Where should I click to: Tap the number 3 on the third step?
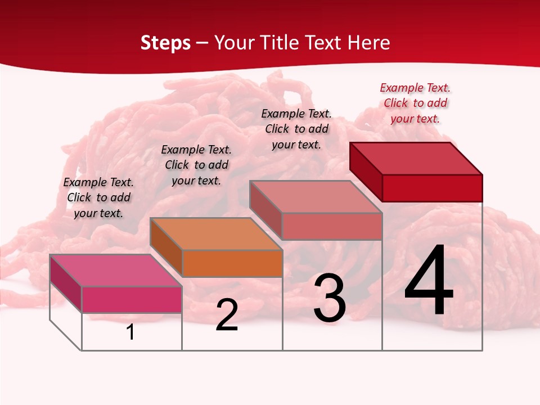[x=330, y=298]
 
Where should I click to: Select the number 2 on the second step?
[x=227, y=314]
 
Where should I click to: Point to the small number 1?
[x=130, y=332]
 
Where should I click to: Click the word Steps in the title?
[x=165, y=43]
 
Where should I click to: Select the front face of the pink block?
[x=132, y=299]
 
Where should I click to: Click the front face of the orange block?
[x=232, y=263]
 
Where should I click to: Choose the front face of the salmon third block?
[x=332, y=226]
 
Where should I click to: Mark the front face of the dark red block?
[x=432, y=188]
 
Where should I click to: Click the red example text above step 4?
[x=415, y=103]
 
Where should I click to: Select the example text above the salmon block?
[x=296, y=129]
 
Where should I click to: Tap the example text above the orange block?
[x=196, y=165]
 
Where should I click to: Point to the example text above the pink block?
[x=98, y=197]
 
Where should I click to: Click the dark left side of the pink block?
[x=66, y=283]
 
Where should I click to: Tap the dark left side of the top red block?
[x=366, y=172]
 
